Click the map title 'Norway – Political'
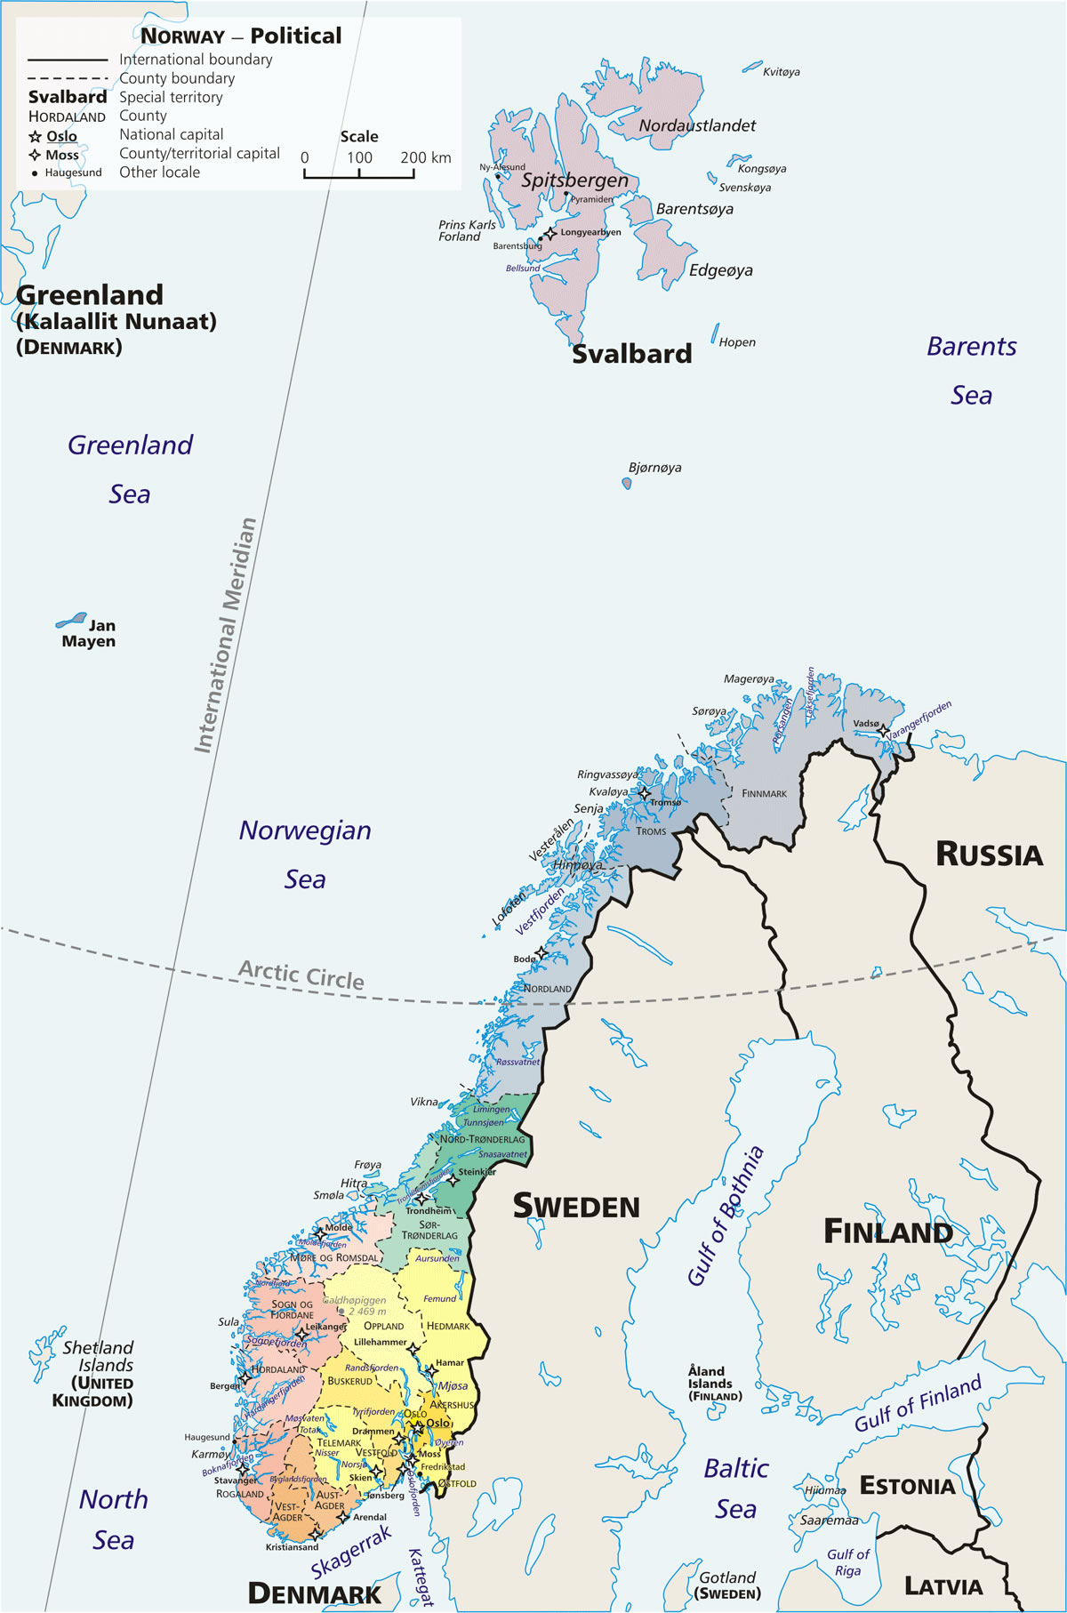pyautogui.click(x=241, y=36)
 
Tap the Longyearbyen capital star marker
pyautogui.click(x=550, y=234)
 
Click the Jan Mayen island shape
pyautogui.click(x=71, y=620)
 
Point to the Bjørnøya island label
pyautogui.click(x=654, y=468)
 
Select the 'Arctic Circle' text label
pyautogui.click(x=301, y=975)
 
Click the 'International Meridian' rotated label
pyautogui.click(x=226, y=636)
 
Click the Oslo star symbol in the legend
pyautogui.click(x=36, y=137)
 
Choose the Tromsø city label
pyautogui.click(x=665, y=803)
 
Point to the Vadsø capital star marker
pyautogui.click(x=883, y=731)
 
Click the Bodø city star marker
pyautogui.click(x=541, y=953)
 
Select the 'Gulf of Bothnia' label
pyautogui.click(x=726, y=1216)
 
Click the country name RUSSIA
pyautogui.click(x=989, y=855)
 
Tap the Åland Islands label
pyautogui.click(x=714, y=1384)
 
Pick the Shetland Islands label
pyautogui.click(x=98, y=1357)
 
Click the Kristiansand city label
pyautogui.click(x=292, y=1547)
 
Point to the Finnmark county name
pyautogui.click(x=764, y=793)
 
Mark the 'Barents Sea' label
pyautogui.click(x=971, y=371)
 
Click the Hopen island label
pyautogui.click(x=737, y=342)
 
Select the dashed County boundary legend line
pyautogui.click(x=68, y=78)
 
